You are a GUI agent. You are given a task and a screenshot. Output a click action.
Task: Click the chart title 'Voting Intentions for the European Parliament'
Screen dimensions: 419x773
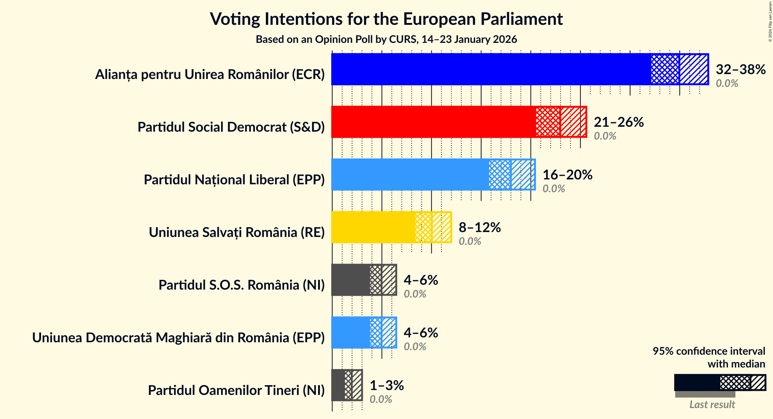386,19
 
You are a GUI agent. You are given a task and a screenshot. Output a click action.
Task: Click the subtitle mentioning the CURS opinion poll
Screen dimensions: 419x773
386,39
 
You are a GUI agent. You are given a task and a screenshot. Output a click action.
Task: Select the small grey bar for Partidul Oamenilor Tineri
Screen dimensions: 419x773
338,385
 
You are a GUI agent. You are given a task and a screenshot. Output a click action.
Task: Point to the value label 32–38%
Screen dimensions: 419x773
740,69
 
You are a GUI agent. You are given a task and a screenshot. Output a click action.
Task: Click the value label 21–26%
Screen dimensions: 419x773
618,122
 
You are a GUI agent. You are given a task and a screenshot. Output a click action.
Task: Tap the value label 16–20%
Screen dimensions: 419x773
567,175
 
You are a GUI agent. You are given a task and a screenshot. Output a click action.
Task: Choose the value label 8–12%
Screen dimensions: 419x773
479,227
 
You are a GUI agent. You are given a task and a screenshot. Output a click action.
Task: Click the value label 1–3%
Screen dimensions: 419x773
386,385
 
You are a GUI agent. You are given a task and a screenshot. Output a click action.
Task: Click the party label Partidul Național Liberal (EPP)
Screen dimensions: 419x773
234,180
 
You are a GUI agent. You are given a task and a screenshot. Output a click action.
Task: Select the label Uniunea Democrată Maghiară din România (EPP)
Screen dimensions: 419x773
178,338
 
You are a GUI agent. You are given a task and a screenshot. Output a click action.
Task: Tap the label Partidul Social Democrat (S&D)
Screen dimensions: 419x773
231,127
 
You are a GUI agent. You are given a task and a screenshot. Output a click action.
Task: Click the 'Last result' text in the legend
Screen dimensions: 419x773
712,405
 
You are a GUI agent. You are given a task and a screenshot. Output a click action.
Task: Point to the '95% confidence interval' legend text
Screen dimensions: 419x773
709,351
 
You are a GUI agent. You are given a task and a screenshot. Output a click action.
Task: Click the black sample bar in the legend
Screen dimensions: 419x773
697,383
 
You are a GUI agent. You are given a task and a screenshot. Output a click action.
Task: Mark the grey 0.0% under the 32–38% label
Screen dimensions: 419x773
726,83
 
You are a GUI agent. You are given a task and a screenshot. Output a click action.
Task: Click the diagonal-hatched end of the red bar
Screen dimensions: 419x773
573,122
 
